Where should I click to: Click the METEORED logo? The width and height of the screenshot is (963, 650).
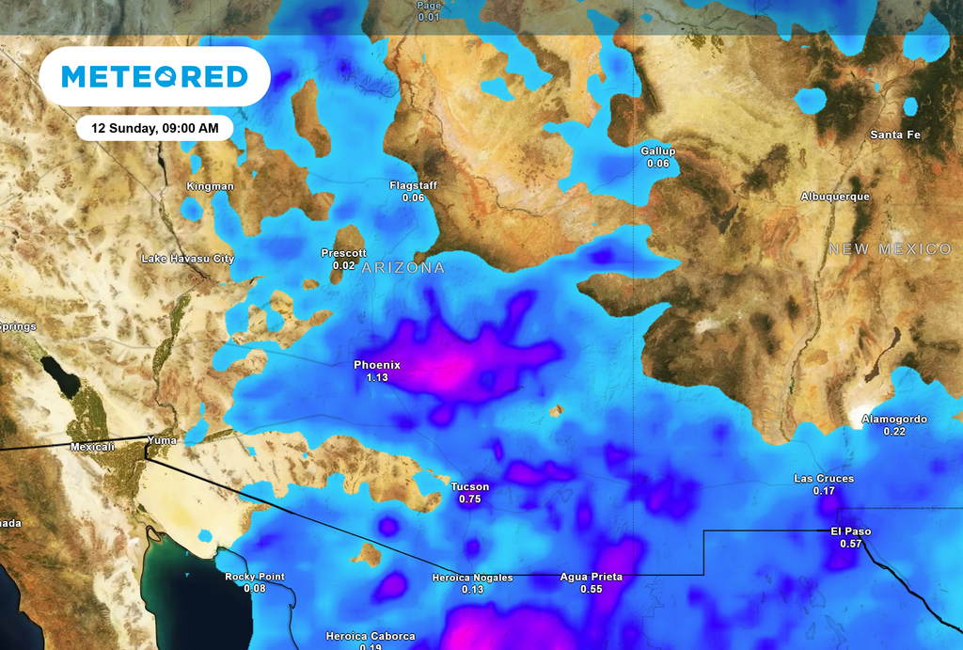tap(155, 76)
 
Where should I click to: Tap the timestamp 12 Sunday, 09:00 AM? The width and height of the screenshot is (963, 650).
tap(155, 128)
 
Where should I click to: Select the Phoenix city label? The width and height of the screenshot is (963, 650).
tap(377, 365)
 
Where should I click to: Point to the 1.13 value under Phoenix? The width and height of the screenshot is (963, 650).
tap(377, 377)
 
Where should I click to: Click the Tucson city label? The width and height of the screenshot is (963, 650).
tap(470, 486)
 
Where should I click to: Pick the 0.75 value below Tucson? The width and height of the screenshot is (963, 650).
tap(470, 499)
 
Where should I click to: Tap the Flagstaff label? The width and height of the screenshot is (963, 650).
tap(413, 185)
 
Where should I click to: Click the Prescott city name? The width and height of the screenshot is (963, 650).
tap(343, 253)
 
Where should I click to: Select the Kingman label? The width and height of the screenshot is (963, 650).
tap(211, 186)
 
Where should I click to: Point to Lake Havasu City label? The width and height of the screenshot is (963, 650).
tap(188, 258)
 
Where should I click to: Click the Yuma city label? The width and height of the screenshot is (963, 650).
tap(161, 440)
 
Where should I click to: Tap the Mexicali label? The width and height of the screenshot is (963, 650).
tap(92, 447)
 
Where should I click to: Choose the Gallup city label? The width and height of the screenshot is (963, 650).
tap(658, 151)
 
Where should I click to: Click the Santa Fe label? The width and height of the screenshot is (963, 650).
tap(895, 135)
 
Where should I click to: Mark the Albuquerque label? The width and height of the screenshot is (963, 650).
tap(835, 197)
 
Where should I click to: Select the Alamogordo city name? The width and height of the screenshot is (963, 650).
tap(894, 420)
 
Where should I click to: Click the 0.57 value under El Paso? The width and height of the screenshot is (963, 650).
tap(851, 544)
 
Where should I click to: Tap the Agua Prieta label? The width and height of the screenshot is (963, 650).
tap(591, 577)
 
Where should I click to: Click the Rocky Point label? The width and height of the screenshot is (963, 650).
tap(255, 577)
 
